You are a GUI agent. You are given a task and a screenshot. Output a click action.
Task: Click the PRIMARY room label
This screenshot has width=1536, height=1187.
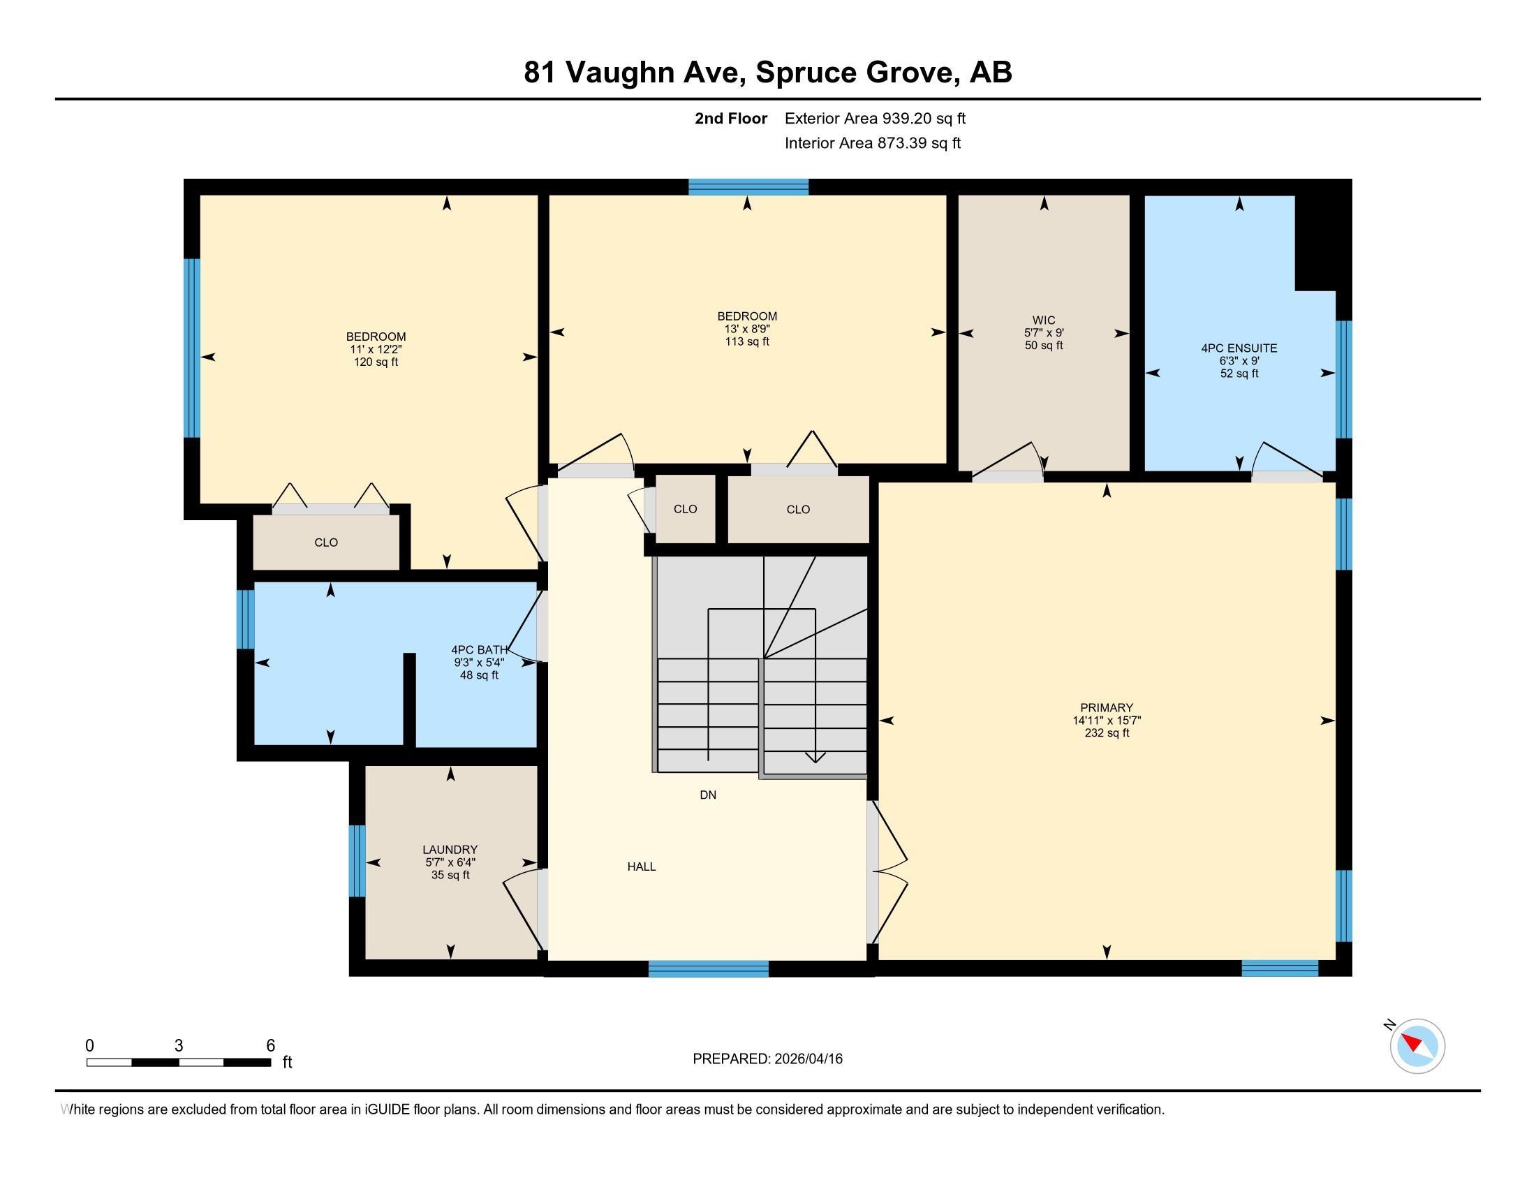1107,707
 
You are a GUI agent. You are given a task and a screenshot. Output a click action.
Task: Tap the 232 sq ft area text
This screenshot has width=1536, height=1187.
1107,732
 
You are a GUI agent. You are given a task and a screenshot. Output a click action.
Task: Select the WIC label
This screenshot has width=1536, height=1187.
1044,320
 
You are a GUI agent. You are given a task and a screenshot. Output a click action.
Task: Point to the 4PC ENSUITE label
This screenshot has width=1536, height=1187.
1239,348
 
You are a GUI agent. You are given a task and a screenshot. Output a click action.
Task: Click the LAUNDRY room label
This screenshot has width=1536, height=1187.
450,850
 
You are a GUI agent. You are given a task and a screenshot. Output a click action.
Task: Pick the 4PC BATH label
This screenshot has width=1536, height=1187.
479,650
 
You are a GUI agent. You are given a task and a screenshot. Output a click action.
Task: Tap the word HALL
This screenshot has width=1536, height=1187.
642,867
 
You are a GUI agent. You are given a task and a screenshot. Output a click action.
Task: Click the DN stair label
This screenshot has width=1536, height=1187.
707,795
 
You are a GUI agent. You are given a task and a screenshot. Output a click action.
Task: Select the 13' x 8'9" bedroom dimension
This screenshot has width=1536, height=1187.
747,329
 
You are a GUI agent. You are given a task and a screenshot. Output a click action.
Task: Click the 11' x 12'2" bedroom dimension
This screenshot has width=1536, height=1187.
376,350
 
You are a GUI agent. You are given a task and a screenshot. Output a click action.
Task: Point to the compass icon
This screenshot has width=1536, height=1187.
1417,1046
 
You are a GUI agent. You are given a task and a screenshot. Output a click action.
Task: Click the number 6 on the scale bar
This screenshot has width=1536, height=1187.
270,1045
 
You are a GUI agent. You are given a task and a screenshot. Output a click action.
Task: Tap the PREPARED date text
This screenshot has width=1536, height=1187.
767,1059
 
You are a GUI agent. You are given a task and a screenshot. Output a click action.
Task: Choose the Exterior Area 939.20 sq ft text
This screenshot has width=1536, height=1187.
875,118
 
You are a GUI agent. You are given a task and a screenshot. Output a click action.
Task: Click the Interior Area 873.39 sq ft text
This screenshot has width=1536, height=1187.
873,142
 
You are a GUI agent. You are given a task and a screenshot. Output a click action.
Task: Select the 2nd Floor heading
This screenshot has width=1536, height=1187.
731,118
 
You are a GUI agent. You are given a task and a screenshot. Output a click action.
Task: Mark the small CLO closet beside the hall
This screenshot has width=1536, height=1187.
685,509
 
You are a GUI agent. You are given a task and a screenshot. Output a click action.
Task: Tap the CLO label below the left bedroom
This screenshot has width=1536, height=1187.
325,542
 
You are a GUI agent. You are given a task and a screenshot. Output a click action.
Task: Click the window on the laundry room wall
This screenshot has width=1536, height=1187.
357,861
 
